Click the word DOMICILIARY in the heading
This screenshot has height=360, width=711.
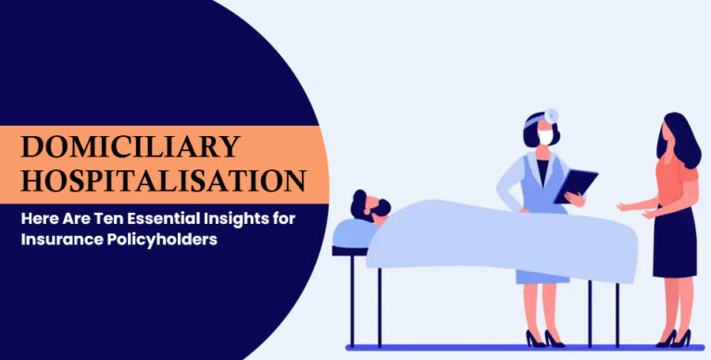pos(130,146)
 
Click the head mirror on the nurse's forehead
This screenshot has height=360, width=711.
pos(553,115)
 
